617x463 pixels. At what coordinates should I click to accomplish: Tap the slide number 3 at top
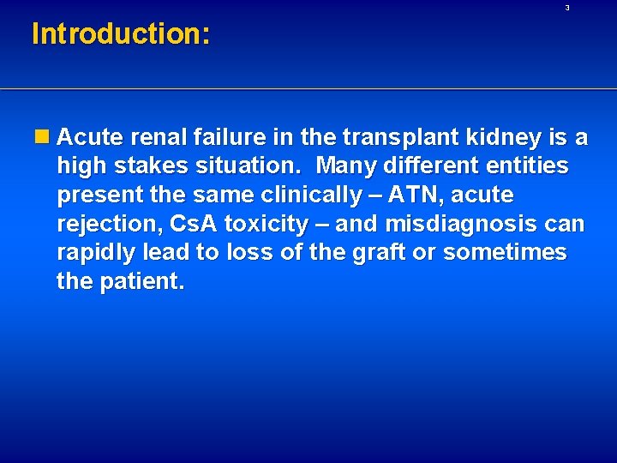coord(567,8)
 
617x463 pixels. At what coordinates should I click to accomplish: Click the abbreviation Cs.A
coord(194,225)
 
